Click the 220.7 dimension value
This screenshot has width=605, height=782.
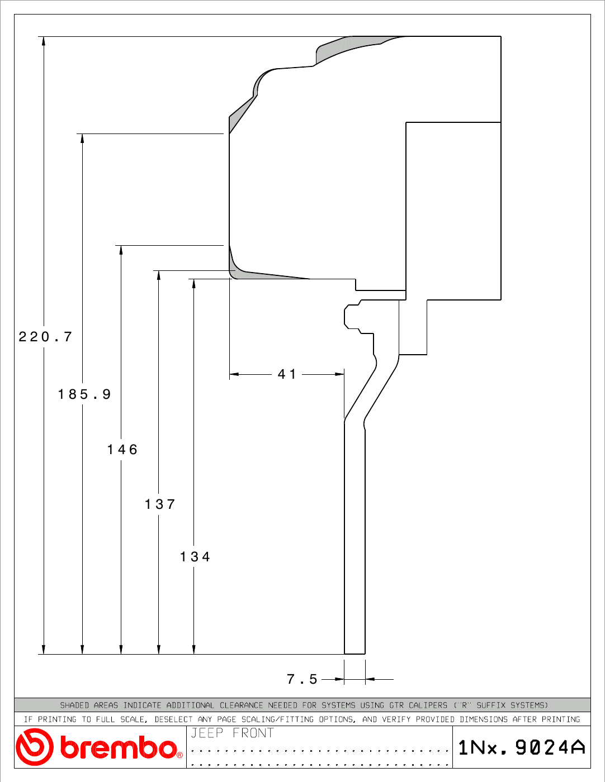coord(45,337)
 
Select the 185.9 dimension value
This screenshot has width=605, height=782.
coord(84,394)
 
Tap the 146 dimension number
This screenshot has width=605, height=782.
coord(122,450)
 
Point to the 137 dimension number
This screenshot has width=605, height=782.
coord(160,504)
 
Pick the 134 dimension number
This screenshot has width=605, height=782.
coord(195,557)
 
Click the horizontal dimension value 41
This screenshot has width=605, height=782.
coord(287,374)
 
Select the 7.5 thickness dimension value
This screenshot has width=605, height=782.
coord(302,679)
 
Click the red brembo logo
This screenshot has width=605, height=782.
coord(99,747)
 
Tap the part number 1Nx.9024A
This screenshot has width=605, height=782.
coord(522,747)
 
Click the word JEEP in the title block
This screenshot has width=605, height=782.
coord(207,733)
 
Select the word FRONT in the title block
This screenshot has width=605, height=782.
coord(253,733)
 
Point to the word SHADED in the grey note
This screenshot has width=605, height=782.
coord(74,705)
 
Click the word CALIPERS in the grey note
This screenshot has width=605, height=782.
coord(428,705)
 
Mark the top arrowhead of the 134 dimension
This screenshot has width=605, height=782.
coord(193,283)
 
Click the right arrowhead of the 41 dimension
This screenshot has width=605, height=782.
coord(339,374)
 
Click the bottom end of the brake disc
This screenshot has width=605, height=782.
coord(355,654)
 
